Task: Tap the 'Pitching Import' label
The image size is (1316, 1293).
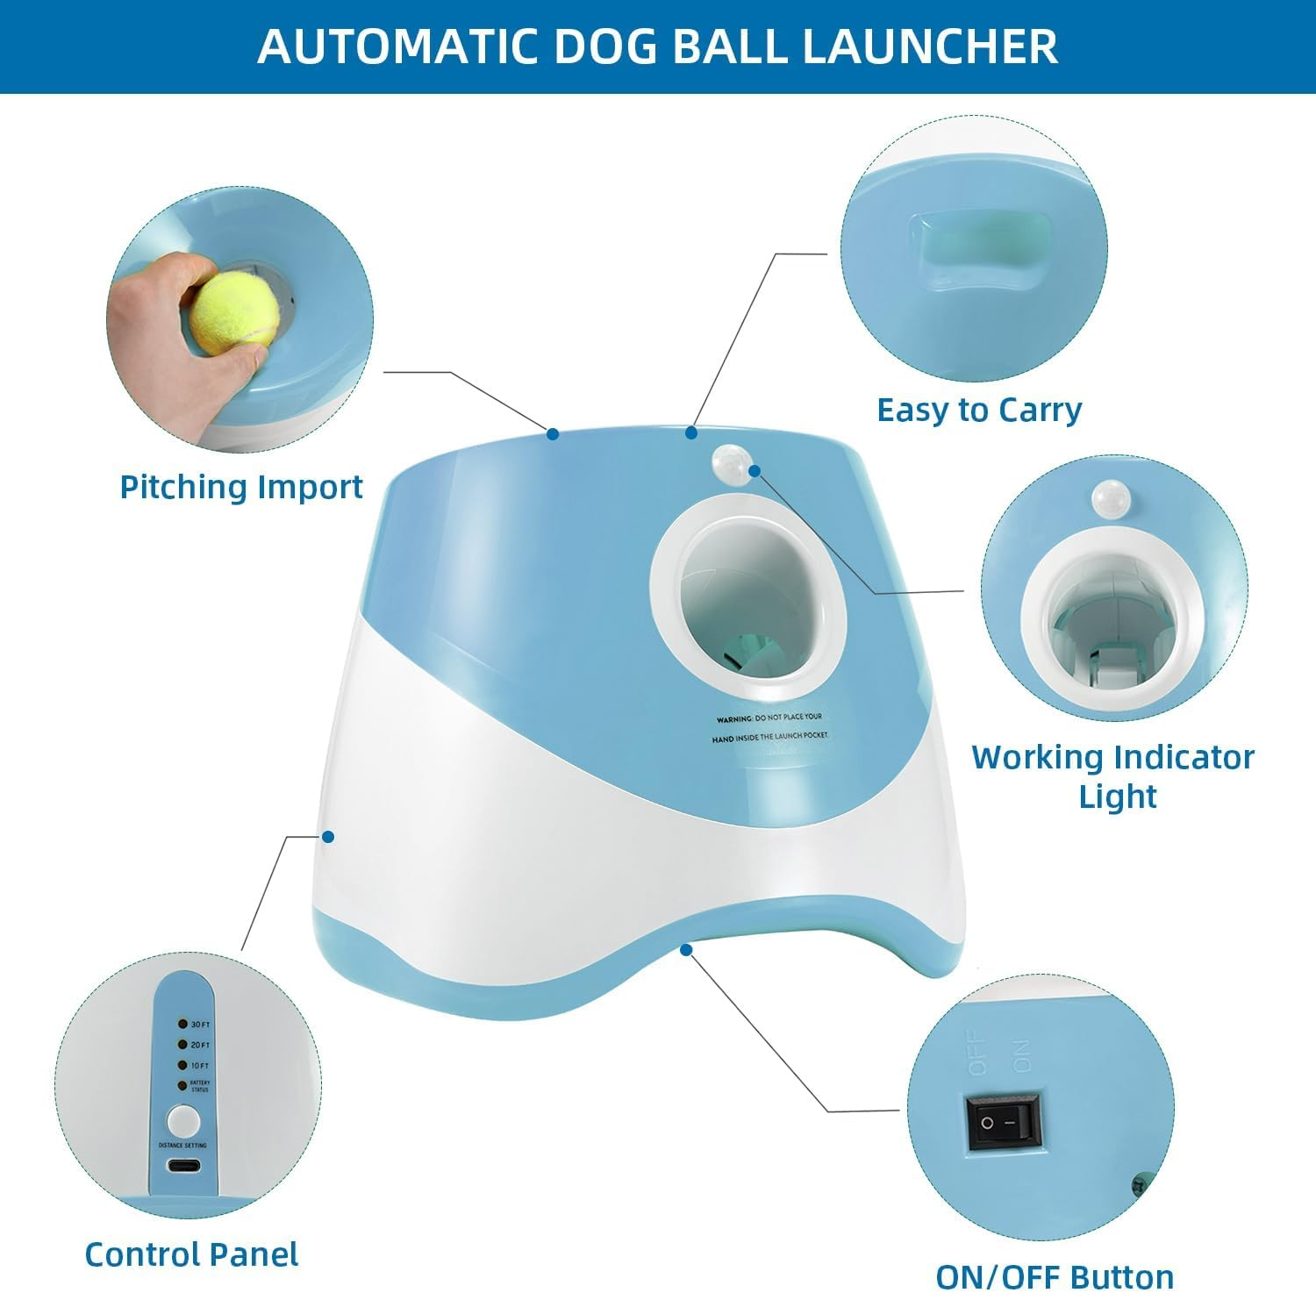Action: (241, 487)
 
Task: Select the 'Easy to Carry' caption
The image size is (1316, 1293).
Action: (979, 411)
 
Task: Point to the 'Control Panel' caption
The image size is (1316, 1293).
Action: (191, 1254)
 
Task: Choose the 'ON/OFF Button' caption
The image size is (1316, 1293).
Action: (1055, 1276)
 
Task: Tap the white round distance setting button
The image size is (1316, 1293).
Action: (183, 1121)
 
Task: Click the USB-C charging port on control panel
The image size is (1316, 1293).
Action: (183, 1166)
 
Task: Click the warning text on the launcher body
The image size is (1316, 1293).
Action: (769, 728)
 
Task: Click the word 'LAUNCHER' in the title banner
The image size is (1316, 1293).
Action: (930, 46)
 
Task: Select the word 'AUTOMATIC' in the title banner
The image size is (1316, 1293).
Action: (397, 46)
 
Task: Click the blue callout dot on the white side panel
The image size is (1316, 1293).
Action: (328, 837)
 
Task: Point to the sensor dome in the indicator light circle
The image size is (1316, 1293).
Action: (1112, 498)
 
